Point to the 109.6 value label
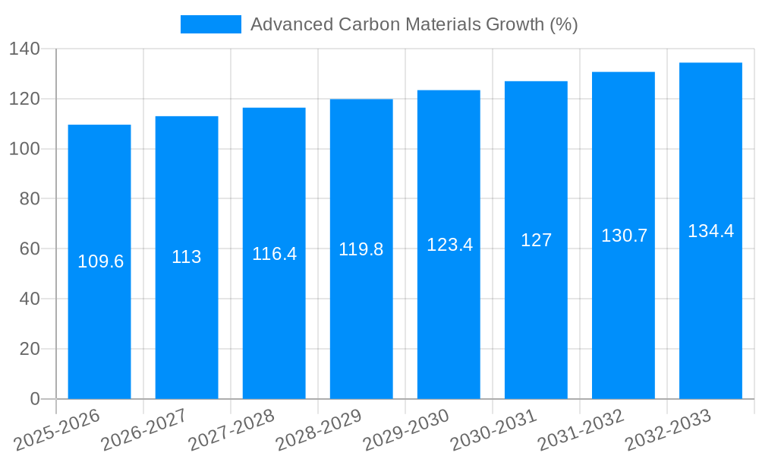(101, 261)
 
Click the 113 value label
(187, 257)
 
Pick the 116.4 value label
(274, 253)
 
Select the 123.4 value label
(449, 245)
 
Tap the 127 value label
(536, 240)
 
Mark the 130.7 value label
(624, 236)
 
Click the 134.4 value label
(710, 231)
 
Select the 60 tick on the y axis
(29, 249)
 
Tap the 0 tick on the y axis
(34, 399)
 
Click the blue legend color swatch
(210, 24)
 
